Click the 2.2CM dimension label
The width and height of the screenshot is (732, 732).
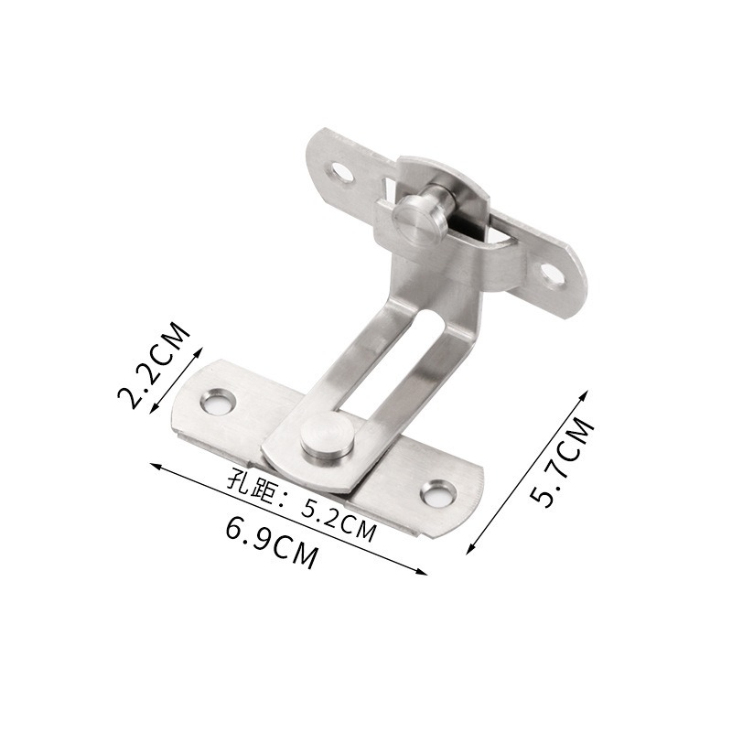point(156,367)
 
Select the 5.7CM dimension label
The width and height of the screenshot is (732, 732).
point(563,462)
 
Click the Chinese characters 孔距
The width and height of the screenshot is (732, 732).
point(246,480)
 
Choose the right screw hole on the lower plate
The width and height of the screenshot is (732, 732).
point(438,494)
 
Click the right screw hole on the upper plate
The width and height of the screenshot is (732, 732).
point(550,272)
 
